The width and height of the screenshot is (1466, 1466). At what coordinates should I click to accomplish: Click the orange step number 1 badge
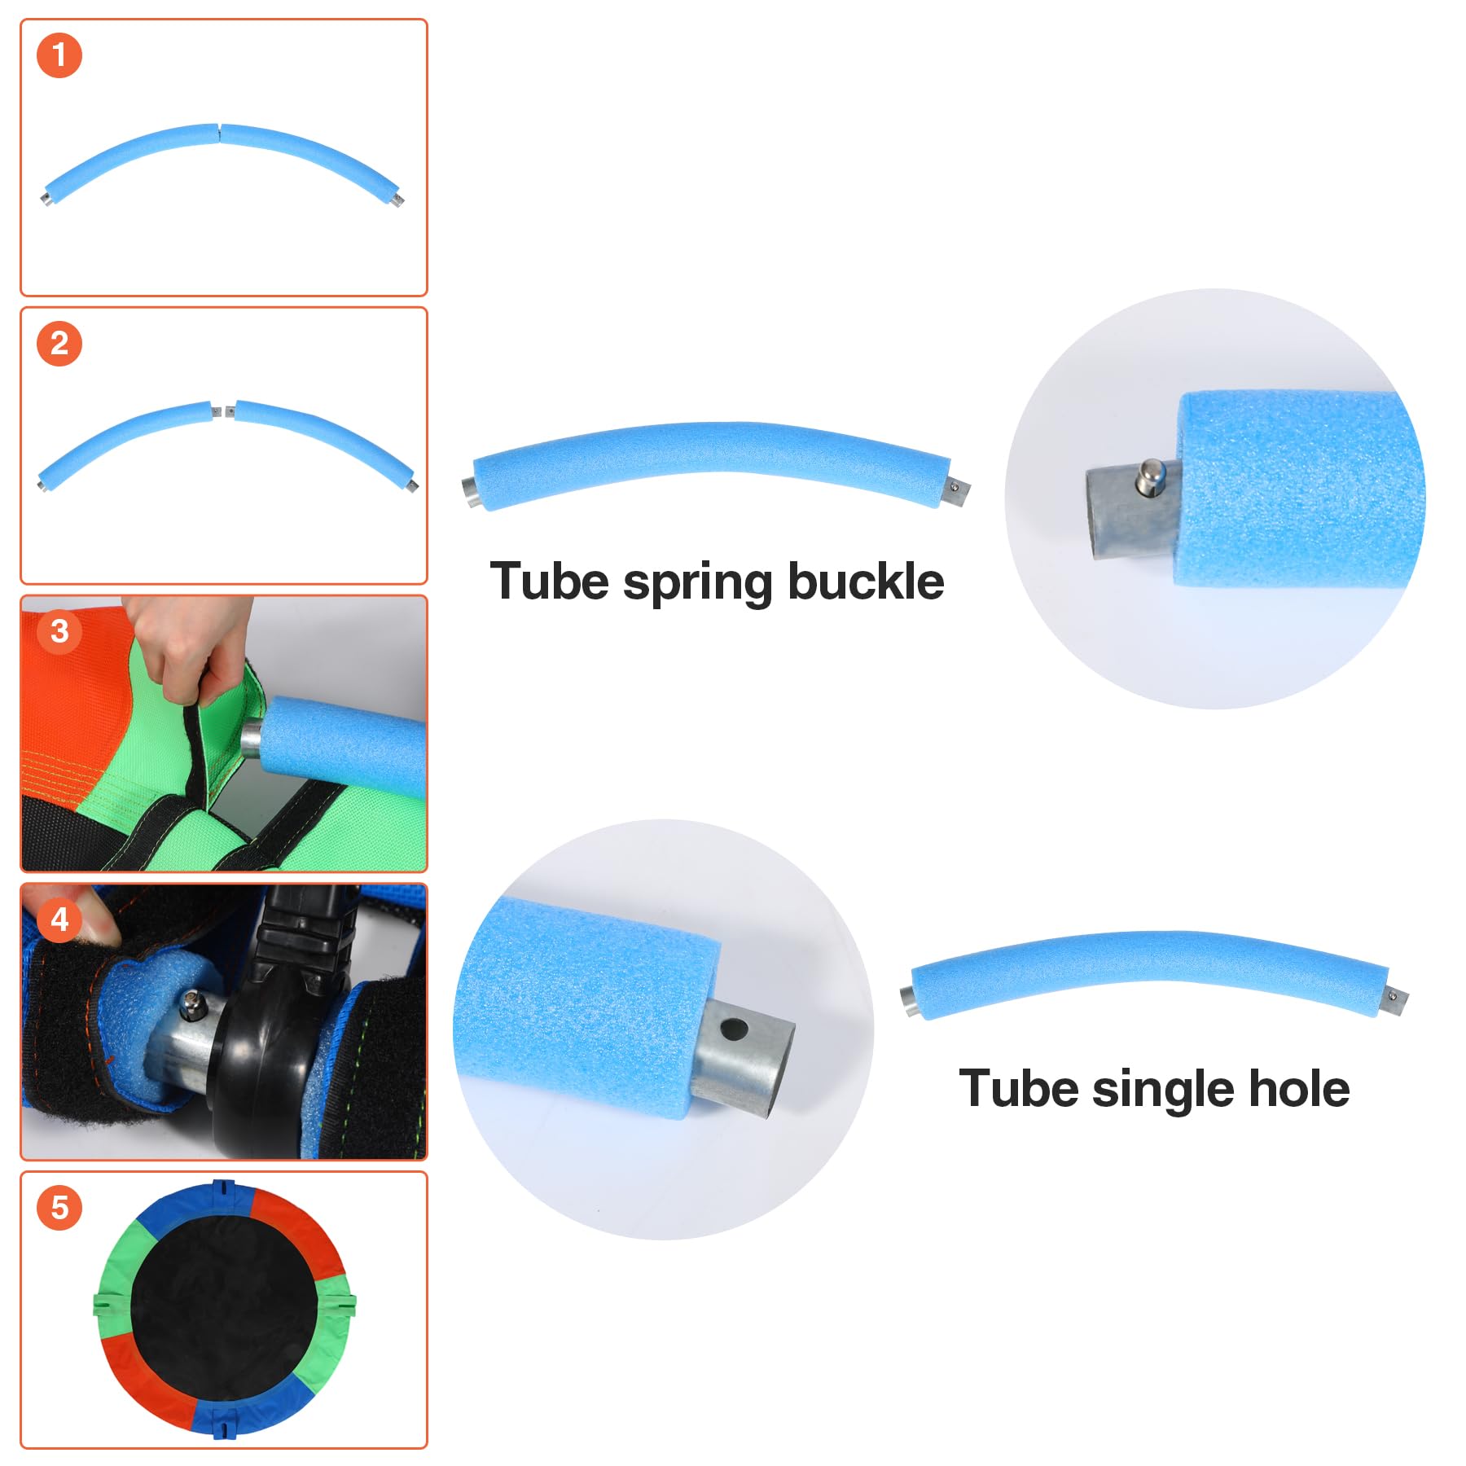tap(59, 55)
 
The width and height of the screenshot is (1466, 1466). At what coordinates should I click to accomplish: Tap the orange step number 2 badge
tap(59, 344)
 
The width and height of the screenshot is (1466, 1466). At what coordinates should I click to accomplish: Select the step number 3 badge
tap(59, 631)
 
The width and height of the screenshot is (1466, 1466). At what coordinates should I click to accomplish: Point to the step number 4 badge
tap(59, 920)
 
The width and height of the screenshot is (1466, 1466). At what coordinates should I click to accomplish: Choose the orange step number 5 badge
tap(59, 1207)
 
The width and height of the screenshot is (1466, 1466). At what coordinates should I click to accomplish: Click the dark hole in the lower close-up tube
tap(733, 1030)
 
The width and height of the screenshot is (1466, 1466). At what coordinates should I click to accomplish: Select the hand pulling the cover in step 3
tap(187, 643)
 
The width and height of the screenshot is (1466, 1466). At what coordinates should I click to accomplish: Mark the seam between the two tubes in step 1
tap(219, 132)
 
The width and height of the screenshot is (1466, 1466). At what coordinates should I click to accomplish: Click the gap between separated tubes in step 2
tap(223, 410)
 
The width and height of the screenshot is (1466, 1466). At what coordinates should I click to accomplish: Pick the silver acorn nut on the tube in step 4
tap(192, 1007)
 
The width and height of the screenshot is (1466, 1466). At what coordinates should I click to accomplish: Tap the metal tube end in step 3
tap(251, 740)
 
